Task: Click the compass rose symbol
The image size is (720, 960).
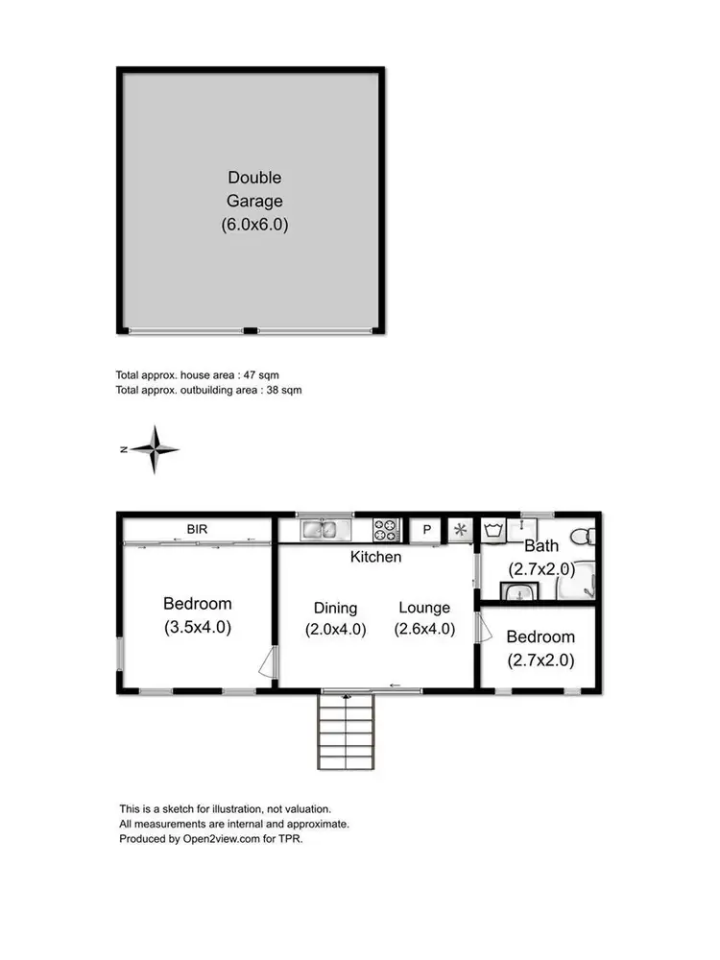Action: [x=154, y=449]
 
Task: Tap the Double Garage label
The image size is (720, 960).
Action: [x=254, y=189]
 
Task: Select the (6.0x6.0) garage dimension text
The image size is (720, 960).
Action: [x=254, y=225]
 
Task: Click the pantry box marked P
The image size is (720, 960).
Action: [x=426, y=530]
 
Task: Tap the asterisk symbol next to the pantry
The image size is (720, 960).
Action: [x=460, y=530]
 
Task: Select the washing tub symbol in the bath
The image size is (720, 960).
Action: [x=495, y=530]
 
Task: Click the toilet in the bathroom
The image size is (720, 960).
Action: [x=583, y=534]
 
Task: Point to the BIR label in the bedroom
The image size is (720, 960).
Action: [x=197, y=529]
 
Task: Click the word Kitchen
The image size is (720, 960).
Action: [x=375, y=557]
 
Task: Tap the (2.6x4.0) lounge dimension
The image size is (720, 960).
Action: [x=423, y=630]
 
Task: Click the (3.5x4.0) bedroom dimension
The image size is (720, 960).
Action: [x=198, y=627]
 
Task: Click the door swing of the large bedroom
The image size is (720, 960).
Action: [x=269, y=662]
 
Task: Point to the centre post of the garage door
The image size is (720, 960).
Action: [x=250, y=331]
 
